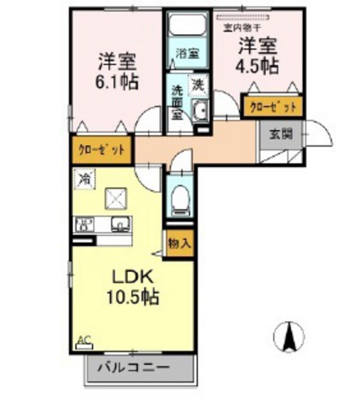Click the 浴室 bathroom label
[x=187, y=53]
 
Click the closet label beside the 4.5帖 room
[x=273, y=107]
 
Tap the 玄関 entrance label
[x=279, y=133]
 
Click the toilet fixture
[x=181, y=199]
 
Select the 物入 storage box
[x=179, y=243]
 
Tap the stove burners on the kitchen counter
[x=85, y=225]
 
